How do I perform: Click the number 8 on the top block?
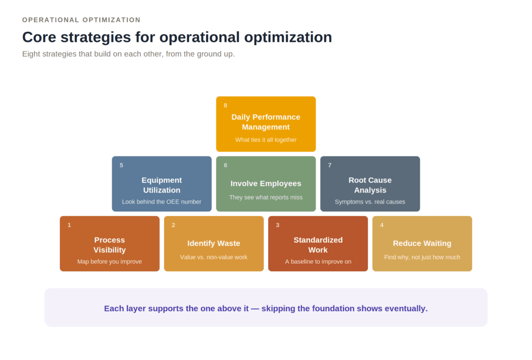[225, 105]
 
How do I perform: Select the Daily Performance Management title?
[265, 122]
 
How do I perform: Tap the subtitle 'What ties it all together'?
[265, 140]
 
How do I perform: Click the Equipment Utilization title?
[162, 185]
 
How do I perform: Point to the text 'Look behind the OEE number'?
[162, 202]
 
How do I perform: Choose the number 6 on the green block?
[225, 165]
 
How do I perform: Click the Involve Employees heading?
[265, 183]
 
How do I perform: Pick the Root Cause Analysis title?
[370, 185]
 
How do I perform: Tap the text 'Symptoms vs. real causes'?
[370, 202]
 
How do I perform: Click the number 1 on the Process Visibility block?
[69, 225]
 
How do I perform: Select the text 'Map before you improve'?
[109, 262]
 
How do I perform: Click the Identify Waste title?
[214, 243]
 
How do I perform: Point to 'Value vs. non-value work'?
[214, 257]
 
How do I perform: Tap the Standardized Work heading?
[318, 245]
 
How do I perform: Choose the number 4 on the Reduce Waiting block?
[382, 225]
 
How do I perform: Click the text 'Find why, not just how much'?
[422, 257]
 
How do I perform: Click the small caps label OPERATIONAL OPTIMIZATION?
[82, 20]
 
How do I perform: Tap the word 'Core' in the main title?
[39, 37]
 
